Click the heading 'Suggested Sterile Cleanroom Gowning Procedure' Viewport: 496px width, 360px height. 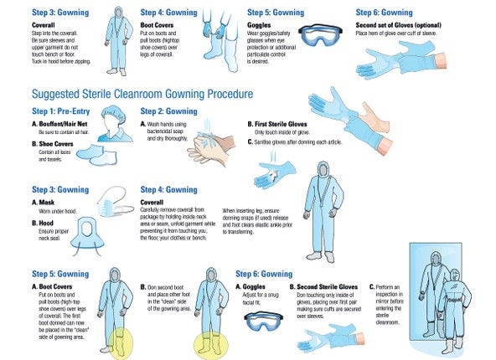[x=142, y=94]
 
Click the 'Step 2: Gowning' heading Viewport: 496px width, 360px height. [x=171, y=111]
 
